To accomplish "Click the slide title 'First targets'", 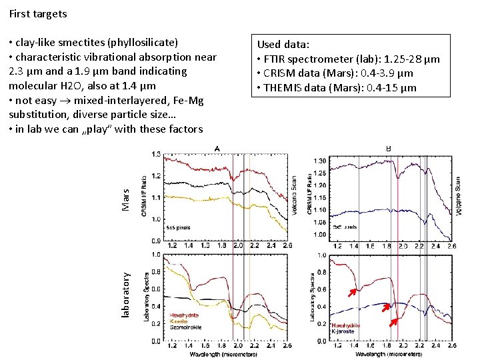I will click(38, 13).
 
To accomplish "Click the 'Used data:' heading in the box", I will click(283, 45).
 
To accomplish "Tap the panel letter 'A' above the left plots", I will click(217, 149).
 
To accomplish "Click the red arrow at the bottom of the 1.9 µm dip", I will click(395, 323).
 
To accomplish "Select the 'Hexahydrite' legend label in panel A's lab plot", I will click(184, 315).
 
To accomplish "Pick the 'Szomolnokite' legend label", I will click(185, 328).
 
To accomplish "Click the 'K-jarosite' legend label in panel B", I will click(344, 331).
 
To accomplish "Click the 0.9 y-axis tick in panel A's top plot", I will click(156, 241).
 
